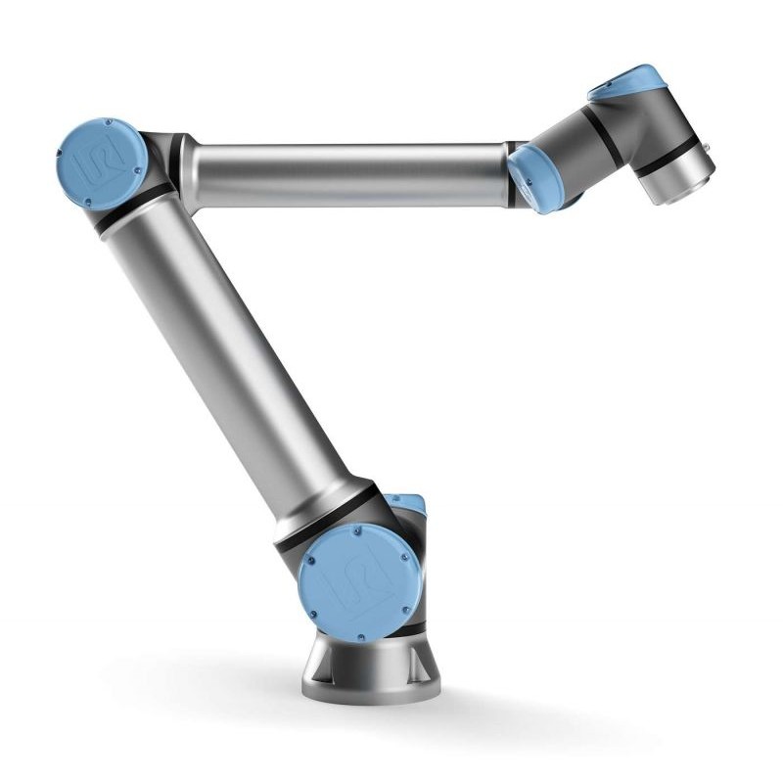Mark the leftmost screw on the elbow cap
click(x=62, y=166)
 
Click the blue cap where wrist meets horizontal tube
click(x=536, y=176)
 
